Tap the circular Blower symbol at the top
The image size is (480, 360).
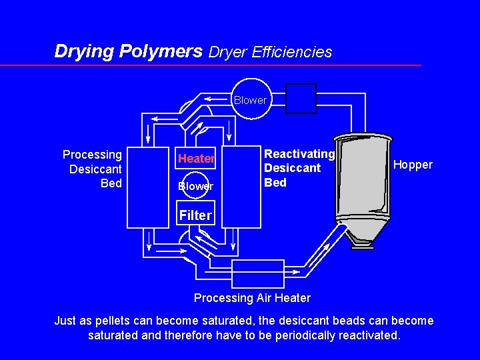point(250,100)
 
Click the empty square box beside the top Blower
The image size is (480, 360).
point(301,99)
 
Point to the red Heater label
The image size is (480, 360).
point(196,159)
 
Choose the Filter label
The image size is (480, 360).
point(194,215)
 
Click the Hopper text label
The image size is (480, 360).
point(413,165)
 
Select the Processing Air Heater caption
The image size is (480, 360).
point(252,297)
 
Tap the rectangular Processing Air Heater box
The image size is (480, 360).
point(257,274)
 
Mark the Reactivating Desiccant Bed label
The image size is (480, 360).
point(299,168)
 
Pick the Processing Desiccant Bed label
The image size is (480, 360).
point(93,169)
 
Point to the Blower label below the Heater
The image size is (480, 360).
point(196,187)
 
